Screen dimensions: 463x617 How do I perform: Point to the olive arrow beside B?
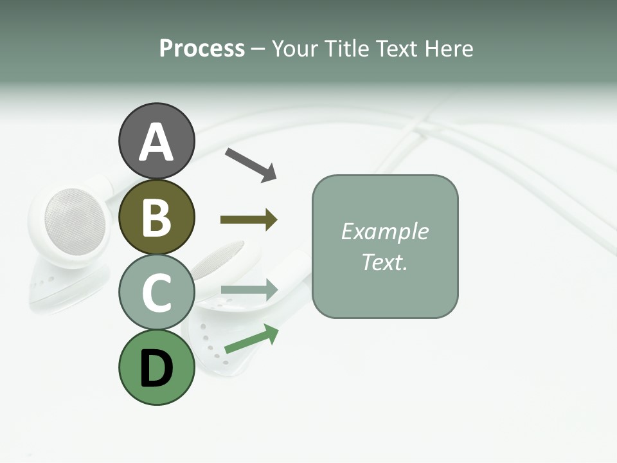point(249,220)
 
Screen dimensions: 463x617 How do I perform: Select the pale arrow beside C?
point(249,290)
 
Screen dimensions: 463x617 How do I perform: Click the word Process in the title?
point(202,49)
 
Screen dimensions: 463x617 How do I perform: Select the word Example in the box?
point(384,232)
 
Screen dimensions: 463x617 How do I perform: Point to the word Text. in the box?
point(384,262)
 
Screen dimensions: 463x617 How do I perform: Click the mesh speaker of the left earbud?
point(74,222)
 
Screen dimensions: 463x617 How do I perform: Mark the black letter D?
point(156,369)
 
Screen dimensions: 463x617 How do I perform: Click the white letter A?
point(156,143)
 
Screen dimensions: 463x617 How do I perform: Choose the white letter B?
point(156,217)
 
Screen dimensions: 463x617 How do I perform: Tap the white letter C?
point(156,293)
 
